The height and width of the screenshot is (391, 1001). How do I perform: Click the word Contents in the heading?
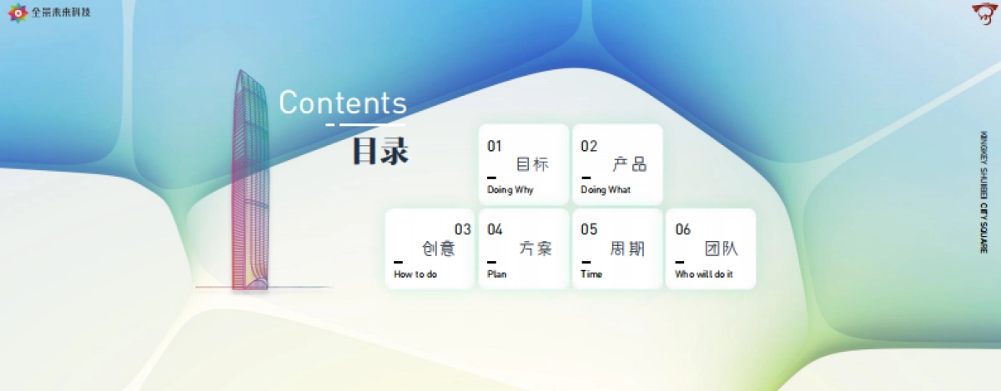pos(342,103)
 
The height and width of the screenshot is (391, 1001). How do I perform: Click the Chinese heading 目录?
pos(380,151)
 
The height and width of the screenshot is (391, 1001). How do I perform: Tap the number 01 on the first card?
pos(495,147)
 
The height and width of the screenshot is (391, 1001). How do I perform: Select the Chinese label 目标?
pos(533,164)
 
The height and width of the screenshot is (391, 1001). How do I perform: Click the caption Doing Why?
pos(510,190)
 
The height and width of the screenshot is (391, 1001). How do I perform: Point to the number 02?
pos(589,147)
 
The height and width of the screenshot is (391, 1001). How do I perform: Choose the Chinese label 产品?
pos(629,164)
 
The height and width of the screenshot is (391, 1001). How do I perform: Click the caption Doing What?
pos(606,190)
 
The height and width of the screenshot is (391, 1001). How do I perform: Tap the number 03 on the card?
pos(462,230)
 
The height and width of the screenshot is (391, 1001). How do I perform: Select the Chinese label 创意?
pos(439,248)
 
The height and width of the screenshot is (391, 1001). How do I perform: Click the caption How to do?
pos(415,274)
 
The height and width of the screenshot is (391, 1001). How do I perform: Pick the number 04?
pos(495,230)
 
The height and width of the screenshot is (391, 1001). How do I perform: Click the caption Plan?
pos(497,274)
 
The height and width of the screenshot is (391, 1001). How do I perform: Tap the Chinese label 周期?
pos(627,248)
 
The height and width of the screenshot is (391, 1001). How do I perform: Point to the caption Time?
pos(591,274)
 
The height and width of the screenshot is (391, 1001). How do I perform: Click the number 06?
pos(682,230)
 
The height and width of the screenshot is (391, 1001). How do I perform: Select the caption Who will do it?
pos(704,274)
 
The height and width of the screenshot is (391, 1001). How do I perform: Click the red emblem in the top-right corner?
pos(983,13)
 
